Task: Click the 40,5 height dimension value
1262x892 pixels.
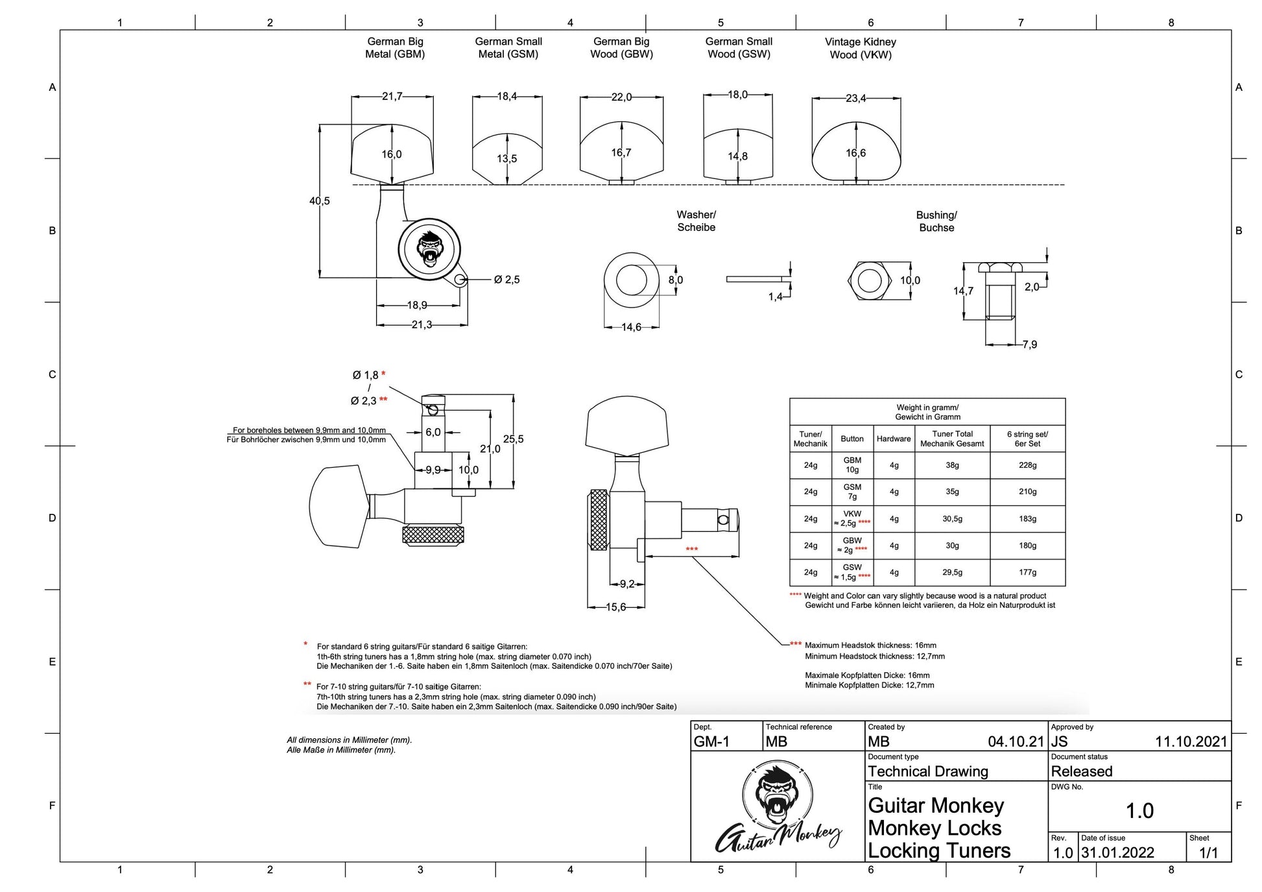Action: (319, 201)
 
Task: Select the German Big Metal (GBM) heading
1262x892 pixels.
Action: (395, 48)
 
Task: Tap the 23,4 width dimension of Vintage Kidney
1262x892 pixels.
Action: (855, 99)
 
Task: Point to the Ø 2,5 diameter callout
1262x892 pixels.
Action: (506, 280)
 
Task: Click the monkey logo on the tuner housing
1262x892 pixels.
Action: (429, 249)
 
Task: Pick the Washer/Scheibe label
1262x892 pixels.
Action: (696, 221)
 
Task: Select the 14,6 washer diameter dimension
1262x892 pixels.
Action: (631, 327)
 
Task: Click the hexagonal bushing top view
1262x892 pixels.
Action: (869, 281)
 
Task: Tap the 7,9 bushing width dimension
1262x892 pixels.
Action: (1029, 344)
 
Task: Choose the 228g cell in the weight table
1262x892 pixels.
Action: (1027, 465)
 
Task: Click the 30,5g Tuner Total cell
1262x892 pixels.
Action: (952, 519)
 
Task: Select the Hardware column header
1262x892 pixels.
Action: (894, 439)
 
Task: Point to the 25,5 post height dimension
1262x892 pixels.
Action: (513, 439)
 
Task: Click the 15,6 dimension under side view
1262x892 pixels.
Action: (615, 607)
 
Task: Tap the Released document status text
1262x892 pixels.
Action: (1081, 771)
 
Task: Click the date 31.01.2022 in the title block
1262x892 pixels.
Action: (1117, 852)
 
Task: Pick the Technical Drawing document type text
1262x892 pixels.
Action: (927, 771)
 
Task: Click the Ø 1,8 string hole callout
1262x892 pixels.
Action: (366, 375)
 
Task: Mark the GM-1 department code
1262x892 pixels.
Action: (711, 742)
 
